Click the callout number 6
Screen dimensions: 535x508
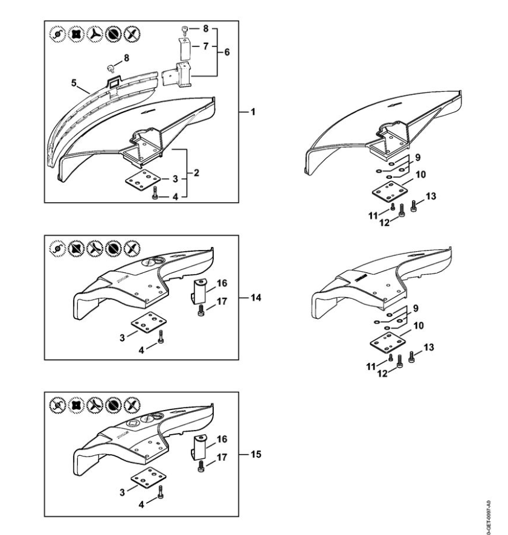pyautogui.click(x=227, y=52)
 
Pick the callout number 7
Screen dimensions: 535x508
pyautogui.click(x=205, y=46)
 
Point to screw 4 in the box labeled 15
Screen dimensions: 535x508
pyautogui.click(x=161, y=491)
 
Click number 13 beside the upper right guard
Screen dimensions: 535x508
pyautogui.click(x=431, y=196)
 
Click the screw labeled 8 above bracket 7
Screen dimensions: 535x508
pyautogui.click(x=185, y=30)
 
